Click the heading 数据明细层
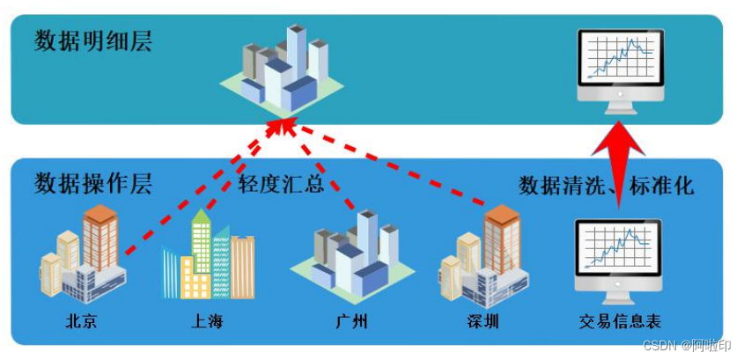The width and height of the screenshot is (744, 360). click(93, 40)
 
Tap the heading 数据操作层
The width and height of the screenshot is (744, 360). click(93, 184)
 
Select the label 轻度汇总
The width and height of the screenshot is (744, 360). click(282, 185)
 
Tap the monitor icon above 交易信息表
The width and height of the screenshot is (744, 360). click(618, 255)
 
